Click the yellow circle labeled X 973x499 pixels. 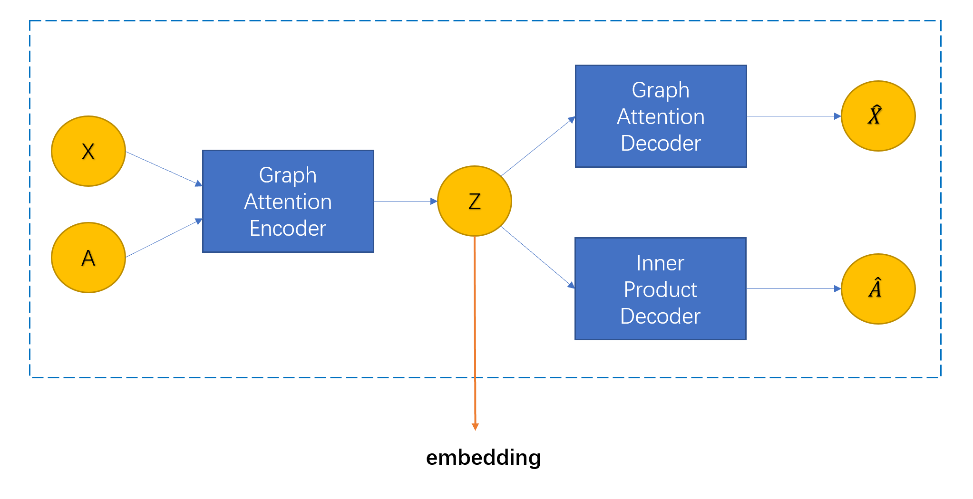click(x=88, y=151)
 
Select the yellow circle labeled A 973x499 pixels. click(x=88, y=258)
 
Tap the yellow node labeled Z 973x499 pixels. click(x=474, y=201)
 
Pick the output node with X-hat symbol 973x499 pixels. click(x=878, y=116)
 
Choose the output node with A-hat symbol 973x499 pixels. click(x=878, y=289)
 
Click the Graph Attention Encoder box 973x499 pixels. click(x=288, y=201)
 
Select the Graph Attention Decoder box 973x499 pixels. click(x=661, y=116)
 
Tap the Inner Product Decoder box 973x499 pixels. click(x=660, y=288)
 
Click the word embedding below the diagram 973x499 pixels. click(x=483, y=457)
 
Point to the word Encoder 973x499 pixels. click(x=288, y=228)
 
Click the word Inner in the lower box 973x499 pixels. click(x=660, y=263)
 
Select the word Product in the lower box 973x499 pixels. click(x=660, y=289)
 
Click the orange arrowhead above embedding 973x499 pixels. click(x=475, y=426)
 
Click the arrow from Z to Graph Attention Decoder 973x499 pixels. click(x=538, y=147)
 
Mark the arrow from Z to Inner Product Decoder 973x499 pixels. click(x=538, y=257)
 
